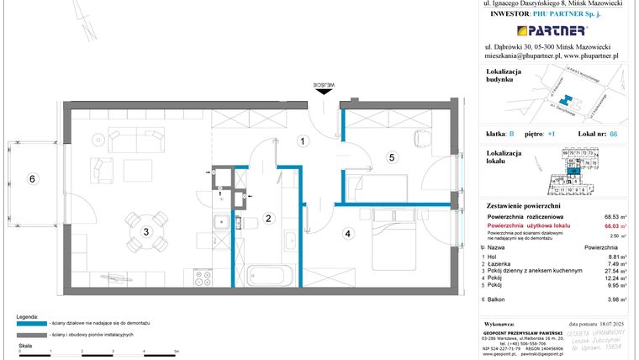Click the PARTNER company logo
click(x=552, y=30)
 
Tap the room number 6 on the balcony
click(x=31, y=178)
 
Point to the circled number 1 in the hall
click(x=301, y=142)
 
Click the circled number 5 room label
click(x=391, y=156)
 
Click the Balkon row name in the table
click(x=504, y=299)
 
